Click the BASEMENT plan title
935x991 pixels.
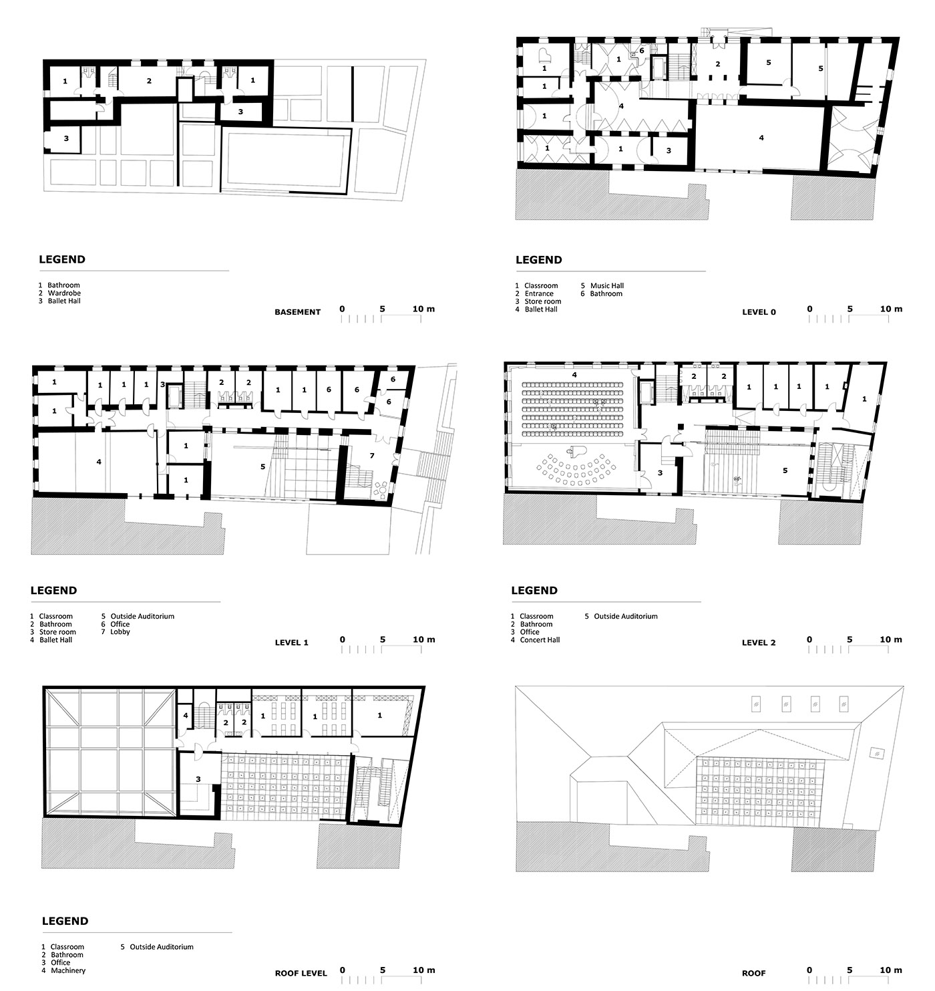297,312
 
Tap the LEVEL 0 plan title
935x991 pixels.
759,312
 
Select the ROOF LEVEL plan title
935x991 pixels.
301,973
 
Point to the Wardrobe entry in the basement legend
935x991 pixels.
59,293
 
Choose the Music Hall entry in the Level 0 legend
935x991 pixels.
602,285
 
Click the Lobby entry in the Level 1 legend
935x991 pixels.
116,631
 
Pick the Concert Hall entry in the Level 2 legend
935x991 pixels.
535,640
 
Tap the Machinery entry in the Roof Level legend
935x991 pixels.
63,970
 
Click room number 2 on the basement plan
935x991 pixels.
149,81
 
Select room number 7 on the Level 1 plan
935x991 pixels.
372,456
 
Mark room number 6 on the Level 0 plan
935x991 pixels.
642,50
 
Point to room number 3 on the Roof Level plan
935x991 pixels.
198,779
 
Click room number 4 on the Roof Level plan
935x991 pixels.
186,716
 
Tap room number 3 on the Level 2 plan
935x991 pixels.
660,472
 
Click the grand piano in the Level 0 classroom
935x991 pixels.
544,55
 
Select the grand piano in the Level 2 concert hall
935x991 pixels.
574,450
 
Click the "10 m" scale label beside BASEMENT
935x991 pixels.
423,309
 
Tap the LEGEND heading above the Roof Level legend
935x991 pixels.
65,921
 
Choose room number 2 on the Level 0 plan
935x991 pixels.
717,64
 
